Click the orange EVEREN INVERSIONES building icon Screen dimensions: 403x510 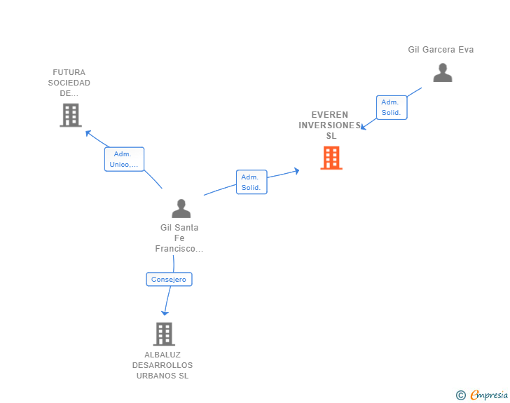331,158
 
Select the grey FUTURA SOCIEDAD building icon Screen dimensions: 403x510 71,115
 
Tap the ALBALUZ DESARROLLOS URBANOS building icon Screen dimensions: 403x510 163,334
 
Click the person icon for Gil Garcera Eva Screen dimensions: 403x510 442,73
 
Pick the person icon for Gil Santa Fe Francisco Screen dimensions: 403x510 181,208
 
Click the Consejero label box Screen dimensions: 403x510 169,279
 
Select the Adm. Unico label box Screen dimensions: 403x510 124,159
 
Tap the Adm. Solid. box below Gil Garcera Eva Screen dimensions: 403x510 391,107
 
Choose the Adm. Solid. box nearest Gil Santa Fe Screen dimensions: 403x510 251,182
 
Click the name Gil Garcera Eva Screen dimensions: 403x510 441,50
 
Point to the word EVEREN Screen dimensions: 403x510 329,115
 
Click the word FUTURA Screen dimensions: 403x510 69,72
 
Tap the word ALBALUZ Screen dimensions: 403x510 163,355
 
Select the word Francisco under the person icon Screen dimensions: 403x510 179,249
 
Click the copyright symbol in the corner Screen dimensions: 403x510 460,395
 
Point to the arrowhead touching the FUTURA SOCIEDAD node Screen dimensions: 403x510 88,132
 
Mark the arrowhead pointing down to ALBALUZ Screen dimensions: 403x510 165,313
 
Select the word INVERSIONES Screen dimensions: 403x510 329,125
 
